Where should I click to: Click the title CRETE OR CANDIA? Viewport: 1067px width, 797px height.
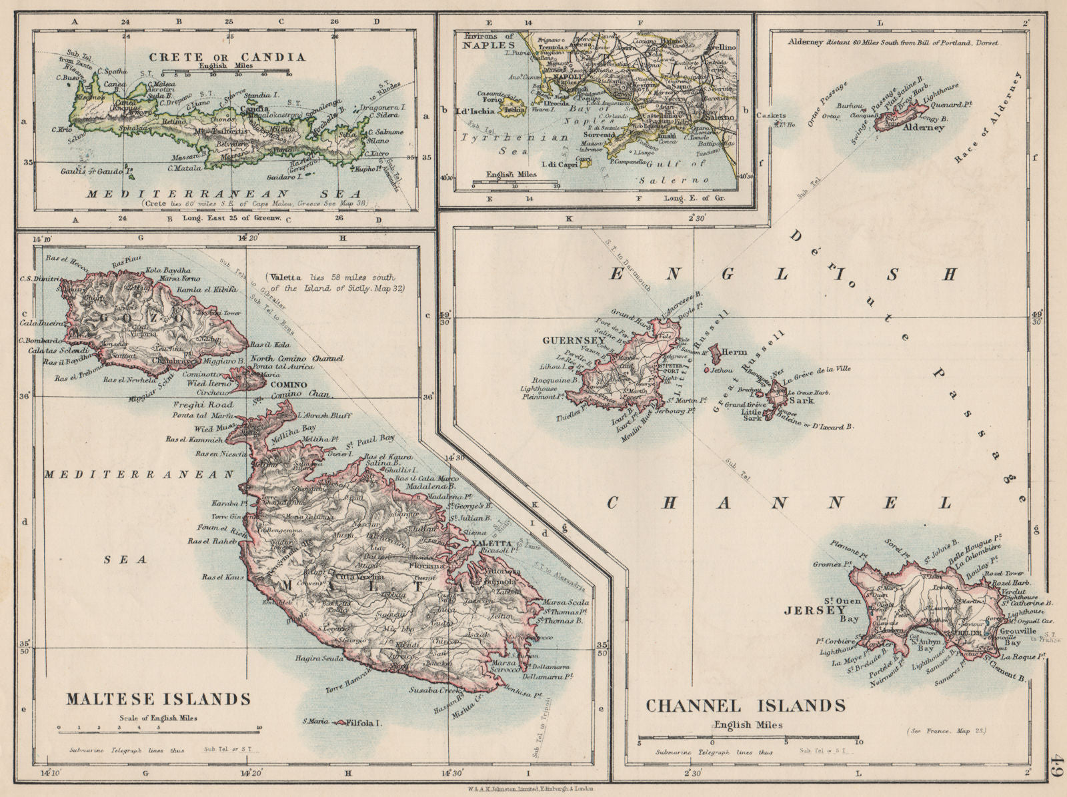(x=227, y=57)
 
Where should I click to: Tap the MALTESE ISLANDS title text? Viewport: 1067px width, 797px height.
(x=158, y=699)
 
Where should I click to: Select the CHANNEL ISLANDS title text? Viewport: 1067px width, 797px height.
(x=746, y=705)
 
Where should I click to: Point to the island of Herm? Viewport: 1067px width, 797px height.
(x=716, y=351)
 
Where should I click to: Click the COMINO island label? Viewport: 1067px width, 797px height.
(x=289, y=385)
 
